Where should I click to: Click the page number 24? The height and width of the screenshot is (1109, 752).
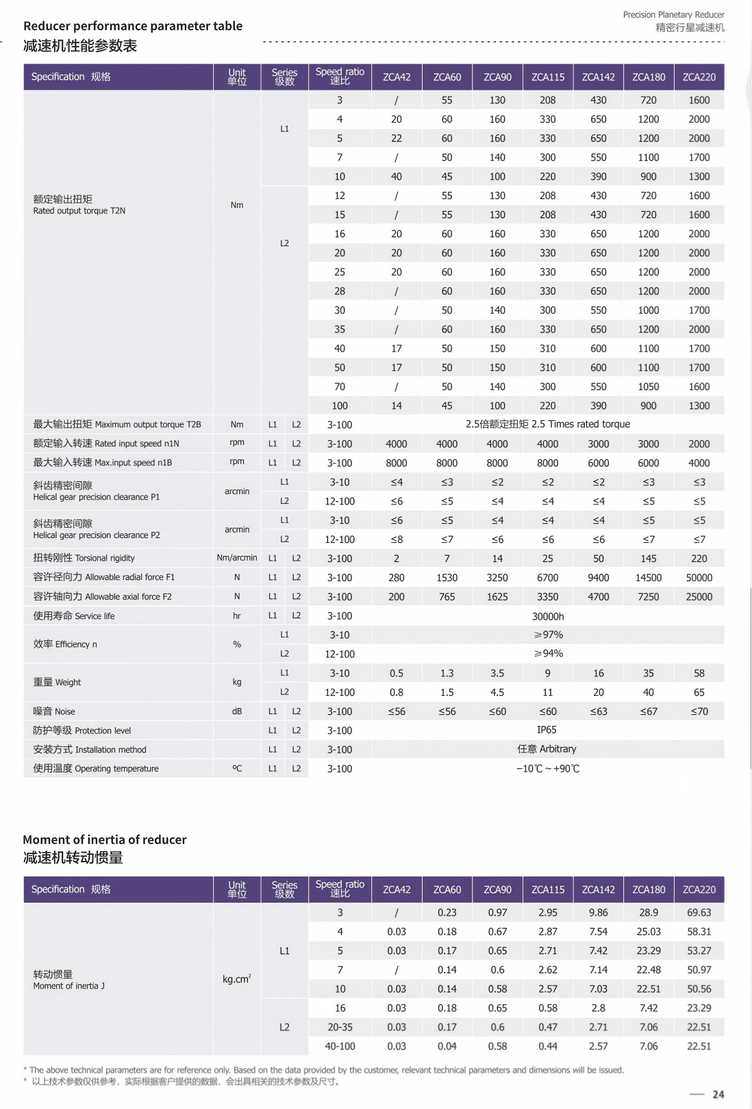[x=718, y=1094]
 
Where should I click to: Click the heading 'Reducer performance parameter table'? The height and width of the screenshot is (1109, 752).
[x=133, y=26]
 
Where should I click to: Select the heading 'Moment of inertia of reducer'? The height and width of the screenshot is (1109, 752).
[x=105, y=840]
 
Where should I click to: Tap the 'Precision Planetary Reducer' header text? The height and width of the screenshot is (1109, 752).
[x=673, y=14]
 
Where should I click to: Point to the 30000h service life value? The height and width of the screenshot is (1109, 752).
[x=548, y=616]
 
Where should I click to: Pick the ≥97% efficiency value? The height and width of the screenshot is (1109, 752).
[x=548, y=635]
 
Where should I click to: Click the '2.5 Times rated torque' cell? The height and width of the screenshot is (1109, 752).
[x=548, y=424]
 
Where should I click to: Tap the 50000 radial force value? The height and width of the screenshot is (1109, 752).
[x=699, y=578]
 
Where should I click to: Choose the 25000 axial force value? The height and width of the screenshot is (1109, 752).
[x=699, y=597]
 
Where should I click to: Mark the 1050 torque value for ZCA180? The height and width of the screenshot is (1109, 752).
[x=648, y=387]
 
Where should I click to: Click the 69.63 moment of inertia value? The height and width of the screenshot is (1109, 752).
[x=699, y=912]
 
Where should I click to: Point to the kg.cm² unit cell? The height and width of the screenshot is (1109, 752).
[x=237, y=979]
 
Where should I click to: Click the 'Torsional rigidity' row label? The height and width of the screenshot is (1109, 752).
[x=84, y=558]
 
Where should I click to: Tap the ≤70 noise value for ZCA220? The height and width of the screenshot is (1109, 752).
[x=699, y=711]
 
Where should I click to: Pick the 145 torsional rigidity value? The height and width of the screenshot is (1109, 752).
[x=648, y=559]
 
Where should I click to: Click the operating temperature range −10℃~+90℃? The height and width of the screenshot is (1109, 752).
[x=547, y=768]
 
